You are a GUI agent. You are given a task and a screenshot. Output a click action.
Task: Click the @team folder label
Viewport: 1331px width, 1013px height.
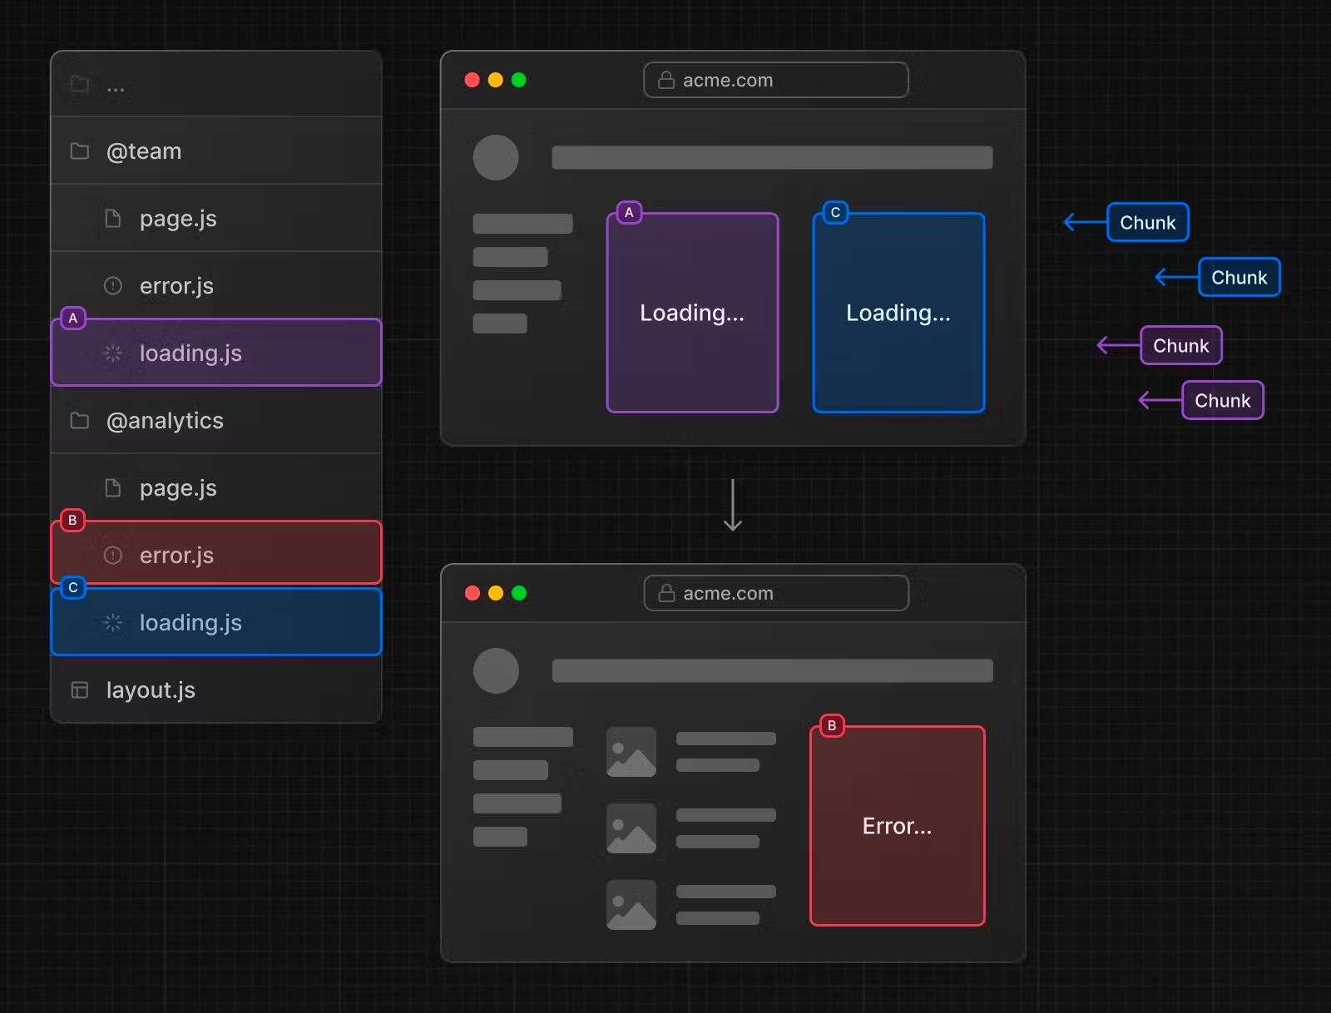click(144, 151)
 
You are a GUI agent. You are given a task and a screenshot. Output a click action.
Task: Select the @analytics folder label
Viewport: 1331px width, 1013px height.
click(165, 421)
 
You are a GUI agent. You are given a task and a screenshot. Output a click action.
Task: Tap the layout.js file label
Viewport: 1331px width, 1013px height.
click(151, 689)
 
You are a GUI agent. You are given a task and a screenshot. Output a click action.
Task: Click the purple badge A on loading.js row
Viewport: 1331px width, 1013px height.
click(72, 319)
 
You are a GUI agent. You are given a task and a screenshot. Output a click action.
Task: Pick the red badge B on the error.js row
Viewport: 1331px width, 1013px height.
click(72, 520)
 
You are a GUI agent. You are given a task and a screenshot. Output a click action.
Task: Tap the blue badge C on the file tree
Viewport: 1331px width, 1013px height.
click(72, 587)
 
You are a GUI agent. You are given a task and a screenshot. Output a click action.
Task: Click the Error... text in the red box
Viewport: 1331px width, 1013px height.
click(897, 826)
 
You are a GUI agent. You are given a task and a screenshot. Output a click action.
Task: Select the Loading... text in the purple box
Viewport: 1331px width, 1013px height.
click(692, 313)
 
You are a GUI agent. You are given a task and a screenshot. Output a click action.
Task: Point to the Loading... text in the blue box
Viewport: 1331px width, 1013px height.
click(898, 313)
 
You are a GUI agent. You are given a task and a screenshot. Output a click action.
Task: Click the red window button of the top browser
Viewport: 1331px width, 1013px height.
click(473, 80)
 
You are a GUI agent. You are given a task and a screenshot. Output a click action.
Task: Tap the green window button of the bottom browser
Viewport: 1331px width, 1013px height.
click(519, 593)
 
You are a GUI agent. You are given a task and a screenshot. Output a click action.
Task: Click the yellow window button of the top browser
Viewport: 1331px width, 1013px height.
click(496, 80)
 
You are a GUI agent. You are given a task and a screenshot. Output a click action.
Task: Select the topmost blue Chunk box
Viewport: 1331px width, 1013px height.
click(1148, 223)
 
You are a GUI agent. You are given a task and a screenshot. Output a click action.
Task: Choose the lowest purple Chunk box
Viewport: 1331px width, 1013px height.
click(1223, 400)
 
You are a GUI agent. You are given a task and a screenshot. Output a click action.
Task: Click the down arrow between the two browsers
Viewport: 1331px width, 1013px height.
click(733, 505)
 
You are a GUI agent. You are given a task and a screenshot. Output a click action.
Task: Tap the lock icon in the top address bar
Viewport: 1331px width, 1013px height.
click(666, 80)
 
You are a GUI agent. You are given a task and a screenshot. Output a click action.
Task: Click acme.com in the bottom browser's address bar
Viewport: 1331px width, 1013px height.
click(728, 594)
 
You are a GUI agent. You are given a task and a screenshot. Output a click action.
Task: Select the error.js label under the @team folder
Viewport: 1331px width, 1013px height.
click(176, 286)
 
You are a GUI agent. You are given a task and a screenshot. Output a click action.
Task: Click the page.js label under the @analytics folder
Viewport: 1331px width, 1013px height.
click(178, 488)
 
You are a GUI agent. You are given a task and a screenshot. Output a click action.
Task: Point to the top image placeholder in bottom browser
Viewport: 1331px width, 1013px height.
click(631, 752)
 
